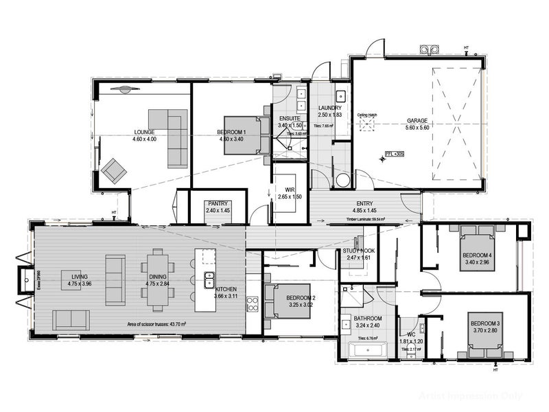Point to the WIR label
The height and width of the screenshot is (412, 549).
[x=289, y=190]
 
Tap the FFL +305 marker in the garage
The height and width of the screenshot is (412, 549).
[x=394, y=154]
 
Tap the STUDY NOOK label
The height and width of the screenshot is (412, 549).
[x=359, y=252]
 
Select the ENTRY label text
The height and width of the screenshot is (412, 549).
[x=364, y=204]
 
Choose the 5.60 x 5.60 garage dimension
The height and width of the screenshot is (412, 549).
[x=416, y=128]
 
